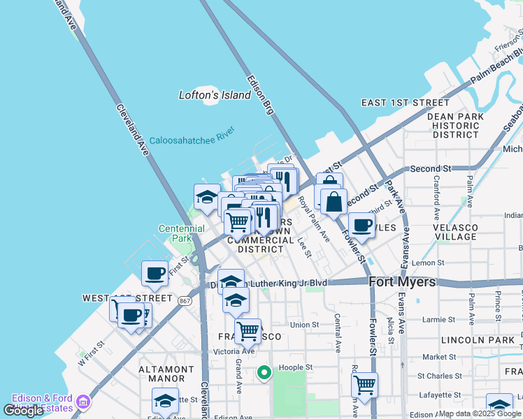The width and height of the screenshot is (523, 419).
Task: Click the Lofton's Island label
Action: (x=215, y=95)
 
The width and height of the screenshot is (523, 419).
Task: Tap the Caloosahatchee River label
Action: (x=192, y=136)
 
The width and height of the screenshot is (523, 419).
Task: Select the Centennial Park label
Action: (x=181, y=233)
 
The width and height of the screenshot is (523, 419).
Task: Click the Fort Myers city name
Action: (x=402, y=282)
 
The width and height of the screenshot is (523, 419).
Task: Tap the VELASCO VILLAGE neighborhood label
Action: (x=454, y=232)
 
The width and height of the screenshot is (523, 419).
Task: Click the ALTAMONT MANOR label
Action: (x=166, y=374)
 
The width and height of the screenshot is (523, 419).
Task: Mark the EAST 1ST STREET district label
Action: (x=406, y=103)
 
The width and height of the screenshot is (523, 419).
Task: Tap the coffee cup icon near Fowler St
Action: (x=361, y=225)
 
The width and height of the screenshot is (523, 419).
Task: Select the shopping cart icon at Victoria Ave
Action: (x=248, y=331)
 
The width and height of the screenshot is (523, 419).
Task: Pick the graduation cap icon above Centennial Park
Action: (x=207, y=197)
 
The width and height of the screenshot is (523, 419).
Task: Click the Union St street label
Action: (x=304, y=325)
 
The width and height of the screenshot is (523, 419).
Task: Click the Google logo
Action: (x=24, y=411)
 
